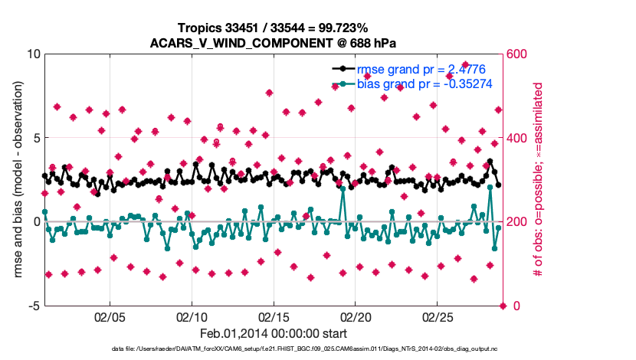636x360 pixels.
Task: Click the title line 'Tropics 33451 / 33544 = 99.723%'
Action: [274, 28]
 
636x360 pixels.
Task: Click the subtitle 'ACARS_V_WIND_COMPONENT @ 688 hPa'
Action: [274, 42]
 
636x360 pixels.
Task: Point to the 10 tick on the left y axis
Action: [33, 54]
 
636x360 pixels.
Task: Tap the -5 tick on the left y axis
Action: [34, 306]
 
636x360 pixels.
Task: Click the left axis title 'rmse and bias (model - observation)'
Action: [17, 180]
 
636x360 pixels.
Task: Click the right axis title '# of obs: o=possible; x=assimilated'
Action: [538, 180]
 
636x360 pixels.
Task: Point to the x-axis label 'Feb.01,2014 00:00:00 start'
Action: [274, 334]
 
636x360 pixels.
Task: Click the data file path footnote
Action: [274, 349]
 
